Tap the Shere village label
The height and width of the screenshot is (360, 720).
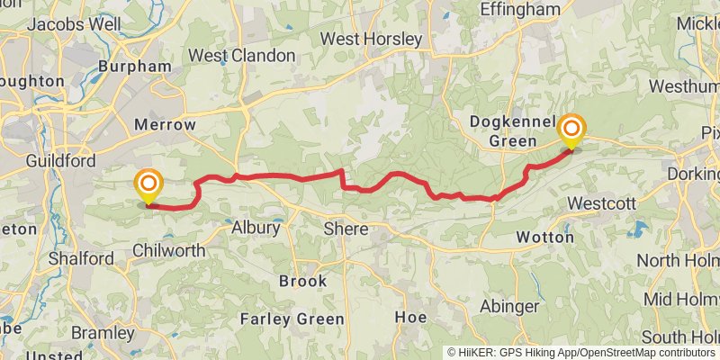(346, 229)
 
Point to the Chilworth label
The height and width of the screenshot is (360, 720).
(168, 250)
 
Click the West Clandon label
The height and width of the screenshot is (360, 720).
(241, 56)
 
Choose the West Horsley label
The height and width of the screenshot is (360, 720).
(371, 40)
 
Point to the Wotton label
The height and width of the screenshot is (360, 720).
(545, 238)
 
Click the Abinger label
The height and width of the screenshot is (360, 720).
(508, 306)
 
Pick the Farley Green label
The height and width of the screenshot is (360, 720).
(292, 319)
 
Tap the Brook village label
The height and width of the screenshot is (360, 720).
(302, 281)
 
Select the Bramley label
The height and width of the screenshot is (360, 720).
(102, 333)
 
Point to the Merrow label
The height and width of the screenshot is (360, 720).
(164, 124)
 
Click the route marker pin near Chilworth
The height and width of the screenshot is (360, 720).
(148, 187)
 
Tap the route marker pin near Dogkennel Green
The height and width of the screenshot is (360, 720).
(571, 132)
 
